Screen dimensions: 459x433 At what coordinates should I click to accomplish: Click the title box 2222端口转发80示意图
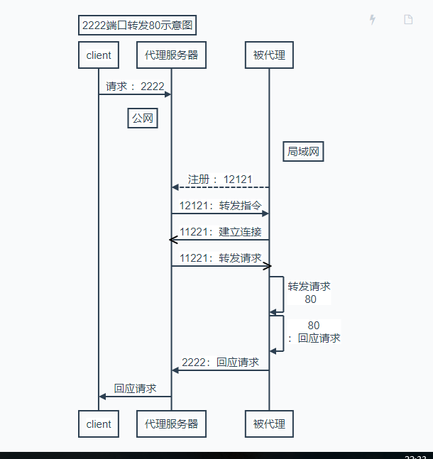point(138,26)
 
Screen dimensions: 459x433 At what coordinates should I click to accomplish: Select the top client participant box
point(99,55)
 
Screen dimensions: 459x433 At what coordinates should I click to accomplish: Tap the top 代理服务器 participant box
point(171,55)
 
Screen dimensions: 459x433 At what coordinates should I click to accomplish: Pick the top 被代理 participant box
point(269,55)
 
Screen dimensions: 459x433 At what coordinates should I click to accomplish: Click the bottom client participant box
point(99,424)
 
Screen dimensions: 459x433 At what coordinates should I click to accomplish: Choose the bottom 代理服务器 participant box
point(171,424)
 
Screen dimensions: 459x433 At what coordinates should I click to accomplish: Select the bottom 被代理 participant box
point(269,424)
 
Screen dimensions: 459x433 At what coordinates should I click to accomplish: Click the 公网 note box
point(142,118)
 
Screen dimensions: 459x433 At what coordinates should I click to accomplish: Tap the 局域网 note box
point(305,152)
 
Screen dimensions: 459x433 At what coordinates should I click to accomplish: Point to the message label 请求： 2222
point(135,87)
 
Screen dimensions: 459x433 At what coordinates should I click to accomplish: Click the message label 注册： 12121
point(220,179)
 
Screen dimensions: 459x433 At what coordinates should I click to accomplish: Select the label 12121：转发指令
point(220,206)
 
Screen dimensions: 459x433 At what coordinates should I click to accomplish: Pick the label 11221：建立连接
point(220,232)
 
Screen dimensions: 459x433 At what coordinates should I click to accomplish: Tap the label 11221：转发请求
point(220,258)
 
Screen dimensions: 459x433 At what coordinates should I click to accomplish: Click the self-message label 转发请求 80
point(309,293)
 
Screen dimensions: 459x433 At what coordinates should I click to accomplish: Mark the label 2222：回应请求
point(220,362)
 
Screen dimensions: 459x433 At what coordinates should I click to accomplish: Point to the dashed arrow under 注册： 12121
point(220,187)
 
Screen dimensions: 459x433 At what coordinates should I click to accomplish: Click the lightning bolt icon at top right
point(373,20)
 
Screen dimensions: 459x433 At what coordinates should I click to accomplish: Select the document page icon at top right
point(408,20)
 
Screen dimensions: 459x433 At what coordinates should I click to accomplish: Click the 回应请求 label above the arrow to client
point(135,388)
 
